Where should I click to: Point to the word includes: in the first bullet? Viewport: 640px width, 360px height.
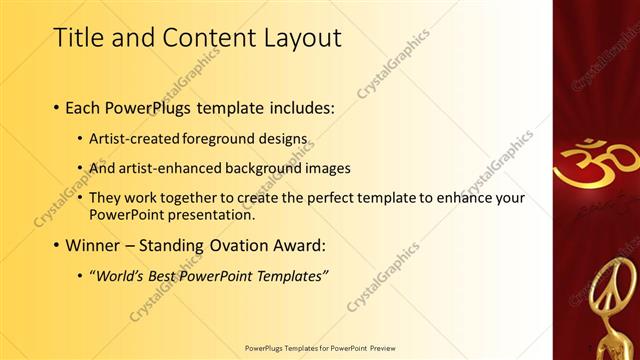click(x=301, y=108)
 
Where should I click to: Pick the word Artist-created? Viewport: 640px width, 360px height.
click(x=133, y=138)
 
